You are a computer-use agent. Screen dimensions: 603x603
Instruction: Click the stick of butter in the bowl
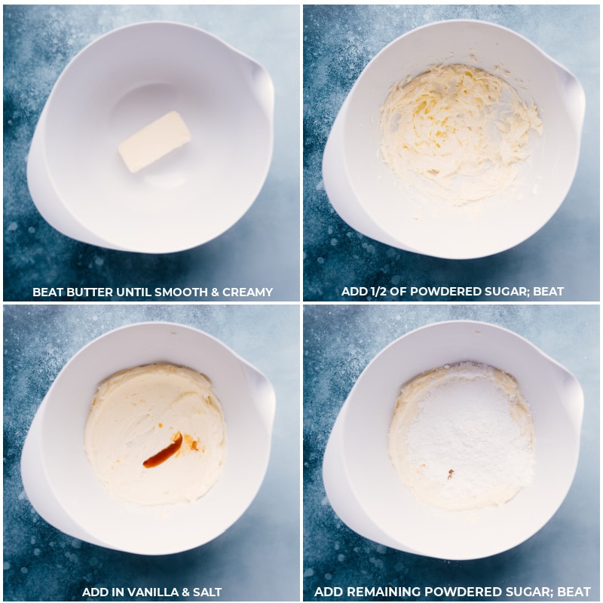[155, 142]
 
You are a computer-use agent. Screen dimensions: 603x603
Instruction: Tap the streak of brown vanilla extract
[164, 451]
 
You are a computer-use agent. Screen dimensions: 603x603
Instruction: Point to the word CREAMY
[247, 292]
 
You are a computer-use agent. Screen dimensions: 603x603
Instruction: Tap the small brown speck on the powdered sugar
[450, 474]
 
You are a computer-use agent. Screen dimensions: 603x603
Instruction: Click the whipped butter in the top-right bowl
[460, 133]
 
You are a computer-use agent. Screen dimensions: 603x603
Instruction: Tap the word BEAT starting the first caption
[48, 292]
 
